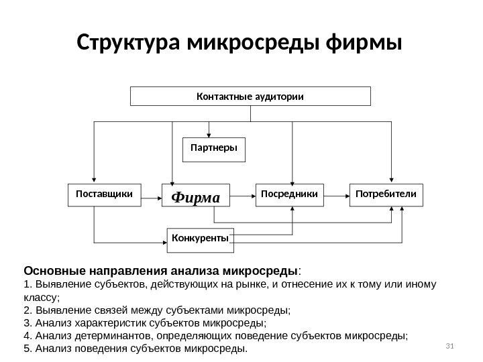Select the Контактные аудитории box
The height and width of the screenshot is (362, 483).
pos(250,96)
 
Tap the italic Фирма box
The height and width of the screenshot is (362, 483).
pos(196,196)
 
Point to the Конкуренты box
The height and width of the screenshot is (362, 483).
pos(201,239)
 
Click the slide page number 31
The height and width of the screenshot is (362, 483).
pos(449,345)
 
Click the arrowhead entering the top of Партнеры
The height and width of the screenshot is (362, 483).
pos(209,134)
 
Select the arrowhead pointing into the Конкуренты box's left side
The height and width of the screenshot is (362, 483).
pos(164,242)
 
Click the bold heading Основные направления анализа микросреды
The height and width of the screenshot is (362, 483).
pos(161,271)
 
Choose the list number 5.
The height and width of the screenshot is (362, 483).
pos(26,349)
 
